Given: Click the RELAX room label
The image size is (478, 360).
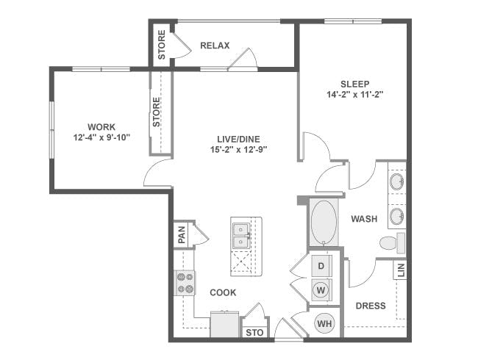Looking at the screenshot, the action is [215, 46].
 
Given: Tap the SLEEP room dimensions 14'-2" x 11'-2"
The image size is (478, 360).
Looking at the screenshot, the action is [355, 95].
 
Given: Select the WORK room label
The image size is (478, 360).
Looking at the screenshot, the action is [101, 126].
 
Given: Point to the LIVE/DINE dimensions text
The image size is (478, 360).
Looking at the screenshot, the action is [239, 150].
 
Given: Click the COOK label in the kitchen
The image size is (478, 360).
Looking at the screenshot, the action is [223, 292].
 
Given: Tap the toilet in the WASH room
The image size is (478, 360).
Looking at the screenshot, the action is [393, 242].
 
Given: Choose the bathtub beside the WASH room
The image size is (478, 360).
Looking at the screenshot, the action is [324, 223].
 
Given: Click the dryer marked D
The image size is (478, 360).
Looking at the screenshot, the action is [321, 266].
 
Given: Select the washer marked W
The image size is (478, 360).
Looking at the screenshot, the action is [321, 290].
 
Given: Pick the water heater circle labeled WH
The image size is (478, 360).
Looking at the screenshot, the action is [324, 323].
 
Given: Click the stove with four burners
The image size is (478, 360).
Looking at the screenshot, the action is [185, 283].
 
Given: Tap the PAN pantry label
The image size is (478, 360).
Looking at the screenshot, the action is [182, 234].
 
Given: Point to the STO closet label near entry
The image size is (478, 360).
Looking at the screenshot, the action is [254, 333].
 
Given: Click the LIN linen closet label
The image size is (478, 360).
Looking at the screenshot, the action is [402, 270].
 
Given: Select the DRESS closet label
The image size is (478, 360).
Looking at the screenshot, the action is [371, 306].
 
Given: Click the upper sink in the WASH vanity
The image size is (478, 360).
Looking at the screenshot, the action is [397, 181].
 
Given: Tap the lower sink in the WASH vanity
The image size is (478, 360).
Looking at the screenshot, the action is [397, 216].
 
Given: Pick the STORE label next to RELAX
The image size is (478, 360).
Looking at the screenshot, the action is [162, 45].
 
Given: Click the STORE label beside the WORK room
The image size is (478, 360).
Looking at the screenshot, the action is [156, 112].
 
